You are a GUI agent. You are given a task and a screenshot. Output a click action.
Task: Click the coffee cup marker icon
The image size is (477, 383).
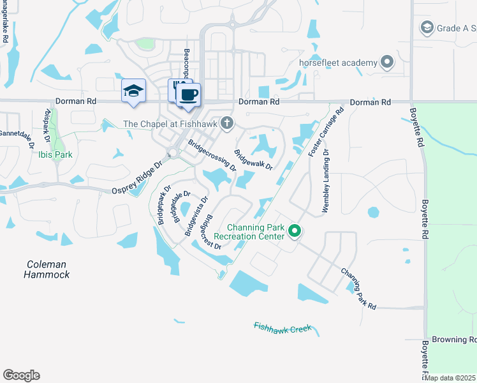(x=187, y=96)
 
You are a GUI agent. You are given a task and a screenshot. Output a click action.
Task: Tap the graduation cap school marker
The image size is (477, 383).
(x=133, y=91)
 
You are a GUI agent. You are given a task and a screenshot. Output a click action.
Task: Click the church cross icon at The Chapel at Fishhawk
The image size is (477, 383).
(x=226, y=124)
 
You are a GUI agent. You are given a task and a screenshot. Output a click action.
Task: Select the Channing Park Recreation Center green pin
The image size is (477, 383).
(x=294, y=230)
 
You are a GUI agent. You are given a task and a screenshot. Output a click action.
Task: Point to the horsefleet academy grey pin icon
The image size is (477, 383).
(x=386, y=63)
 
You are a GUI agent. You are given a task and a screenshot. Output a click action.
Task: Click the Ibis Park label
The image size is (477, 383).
(x=54, y=154)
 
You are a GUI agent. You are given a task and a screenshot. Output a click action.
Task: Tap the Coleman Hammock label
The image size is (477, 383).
(x=47, y=269)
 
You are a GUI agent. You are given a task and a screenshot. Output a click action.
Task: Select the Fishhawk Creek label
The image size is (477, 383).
(x=283, y=327)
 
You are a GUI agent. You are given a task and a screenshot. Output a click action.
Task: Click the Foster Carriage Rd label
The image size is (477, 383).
(x=325, y=132)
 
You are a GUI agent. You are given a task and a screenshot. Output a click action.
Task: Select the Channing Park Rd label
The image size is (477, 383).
(x=358, y=289)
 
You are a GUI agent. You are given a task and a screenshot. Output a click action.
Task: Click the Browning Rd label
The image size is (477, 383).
(x=454, y=340)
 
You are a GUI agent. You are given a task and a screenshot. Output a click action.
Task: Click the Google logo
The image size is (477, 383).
(x=21, y=375)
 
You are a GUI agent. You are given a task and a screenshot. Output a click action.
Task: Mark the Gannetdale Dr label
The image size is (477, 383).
(x=17, y=137)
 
